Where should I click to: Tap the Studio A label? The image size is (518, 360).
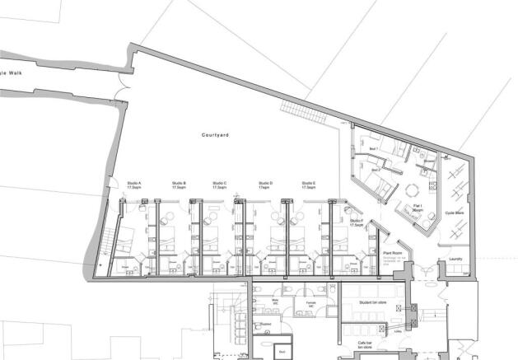[x=134, y=185]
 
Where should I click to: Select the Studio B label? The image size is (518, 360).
[x=179, y=185]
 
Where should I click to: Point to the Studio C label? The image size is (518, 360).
[x=219, y=185]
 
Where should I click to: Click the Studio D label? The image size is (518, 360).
[x=265, y=185]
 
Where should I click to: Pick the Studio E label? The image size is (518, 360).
[x=309, y=185]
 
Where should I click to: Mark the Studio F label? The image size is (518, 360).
[x=356, y=222]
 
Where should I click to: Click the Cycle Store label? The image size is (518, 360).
[x=455, y=213]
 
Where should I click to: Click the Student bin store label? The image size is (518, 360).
[x=375, y=303]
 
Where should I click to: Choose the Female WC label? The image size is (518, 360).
[x=310, y=304]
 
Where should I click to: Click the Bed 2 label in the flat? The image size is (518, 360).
[x=376, y=171]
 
